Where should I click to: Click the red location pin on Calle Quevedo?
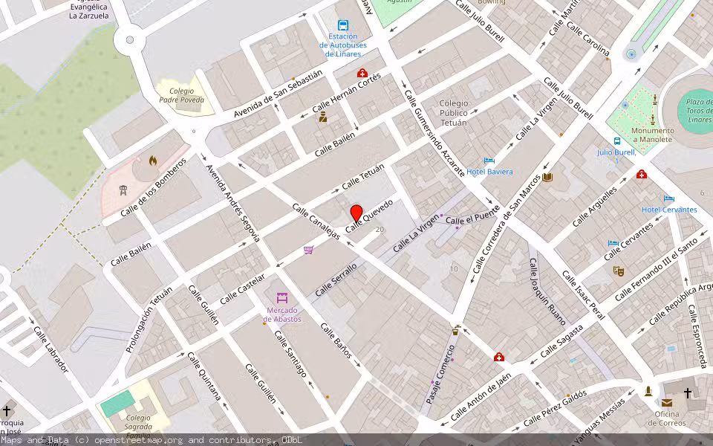(x=356, y=214)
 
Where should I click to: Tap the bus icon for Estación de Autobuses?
(x=342, y=25)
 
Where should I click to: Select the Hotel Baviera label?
(x=489, y=172)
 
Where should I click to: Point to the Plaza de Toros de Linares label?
(x=699, y=111)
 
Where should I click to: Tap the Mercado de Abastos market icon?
(x=281, y=298)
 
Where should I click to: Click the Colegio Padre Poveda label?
(x=181, y=94)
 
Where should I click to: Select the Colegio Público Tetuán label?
(x=454, y=113)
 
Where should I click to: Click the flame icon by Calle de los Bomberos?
(x=152, y=160)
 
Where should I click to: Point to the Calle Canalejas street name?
(x=316, y=222)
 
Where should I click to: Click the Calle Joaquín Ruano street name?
(x=547, y=292)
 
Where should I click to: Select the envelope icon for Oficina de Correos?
(x=667, y=403)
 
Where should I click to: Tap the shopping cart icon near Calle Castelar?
(x=308, y=250)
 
